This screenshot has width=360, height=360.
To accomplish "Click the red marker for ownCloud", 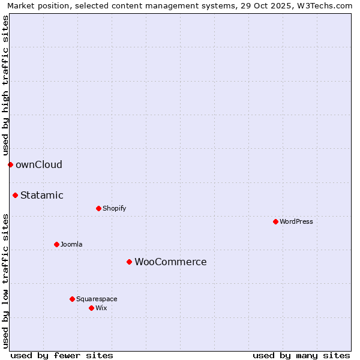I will pyautogui.click(x=10, y=164).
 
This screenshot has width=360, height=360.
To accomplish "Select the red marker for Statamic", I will pyautogui.click(x=15, y=195).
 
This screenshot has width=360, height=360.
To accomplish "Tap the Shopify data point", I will pyautogui.click(x=98, y=208).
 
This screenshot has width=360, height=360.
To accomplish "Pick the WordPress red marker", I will pyautogui.click(x=275, y=221).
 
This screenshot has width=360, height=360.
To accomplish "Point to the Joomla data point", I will pyautogui.click(x=56, y=244).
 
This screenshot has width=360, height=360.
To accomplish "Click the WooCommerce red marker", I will pyautogui.click(x=129, y=262).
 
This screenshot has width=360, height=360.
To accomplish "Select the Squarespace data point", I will pyautogui.click(x=72, y=299).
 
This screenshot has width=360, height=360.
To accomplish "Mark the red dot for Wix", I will pyautogui.click(x=91, y=308).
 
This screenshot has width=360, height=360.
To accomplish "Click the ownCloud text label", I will pyautogui.click(x=39, y=165).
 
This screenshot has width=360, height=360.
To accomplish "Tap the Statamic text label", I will pyautogui.click(x=42, y=195).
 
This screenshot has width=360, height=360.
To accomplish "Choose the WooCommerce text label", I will pyautogui.click(x=170, y=262).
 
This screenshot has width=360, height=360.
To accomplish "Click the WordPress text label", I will pyautogui.click(x=296, y=221).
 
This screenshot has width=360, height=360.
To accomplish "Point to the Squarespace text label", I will pyautogui.click(x=97, y=299).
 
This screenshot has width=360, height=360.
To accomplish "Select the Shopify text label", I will pyautogui.click(x=115, y=208).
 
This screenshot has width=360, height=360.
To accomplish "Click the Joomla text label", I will pyautogui.click(x=71, y=244).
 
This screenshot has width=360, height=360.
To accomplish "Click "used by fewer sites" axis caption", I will pyautogui.click(x=62, y=355).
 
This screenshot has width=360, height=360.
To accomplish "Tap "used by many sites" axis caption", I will pyautogui.click(x=301, y=355).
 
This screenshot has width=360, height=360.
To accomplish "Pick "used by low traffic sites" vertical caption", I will pyautogui.click(x=5, y=281).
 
